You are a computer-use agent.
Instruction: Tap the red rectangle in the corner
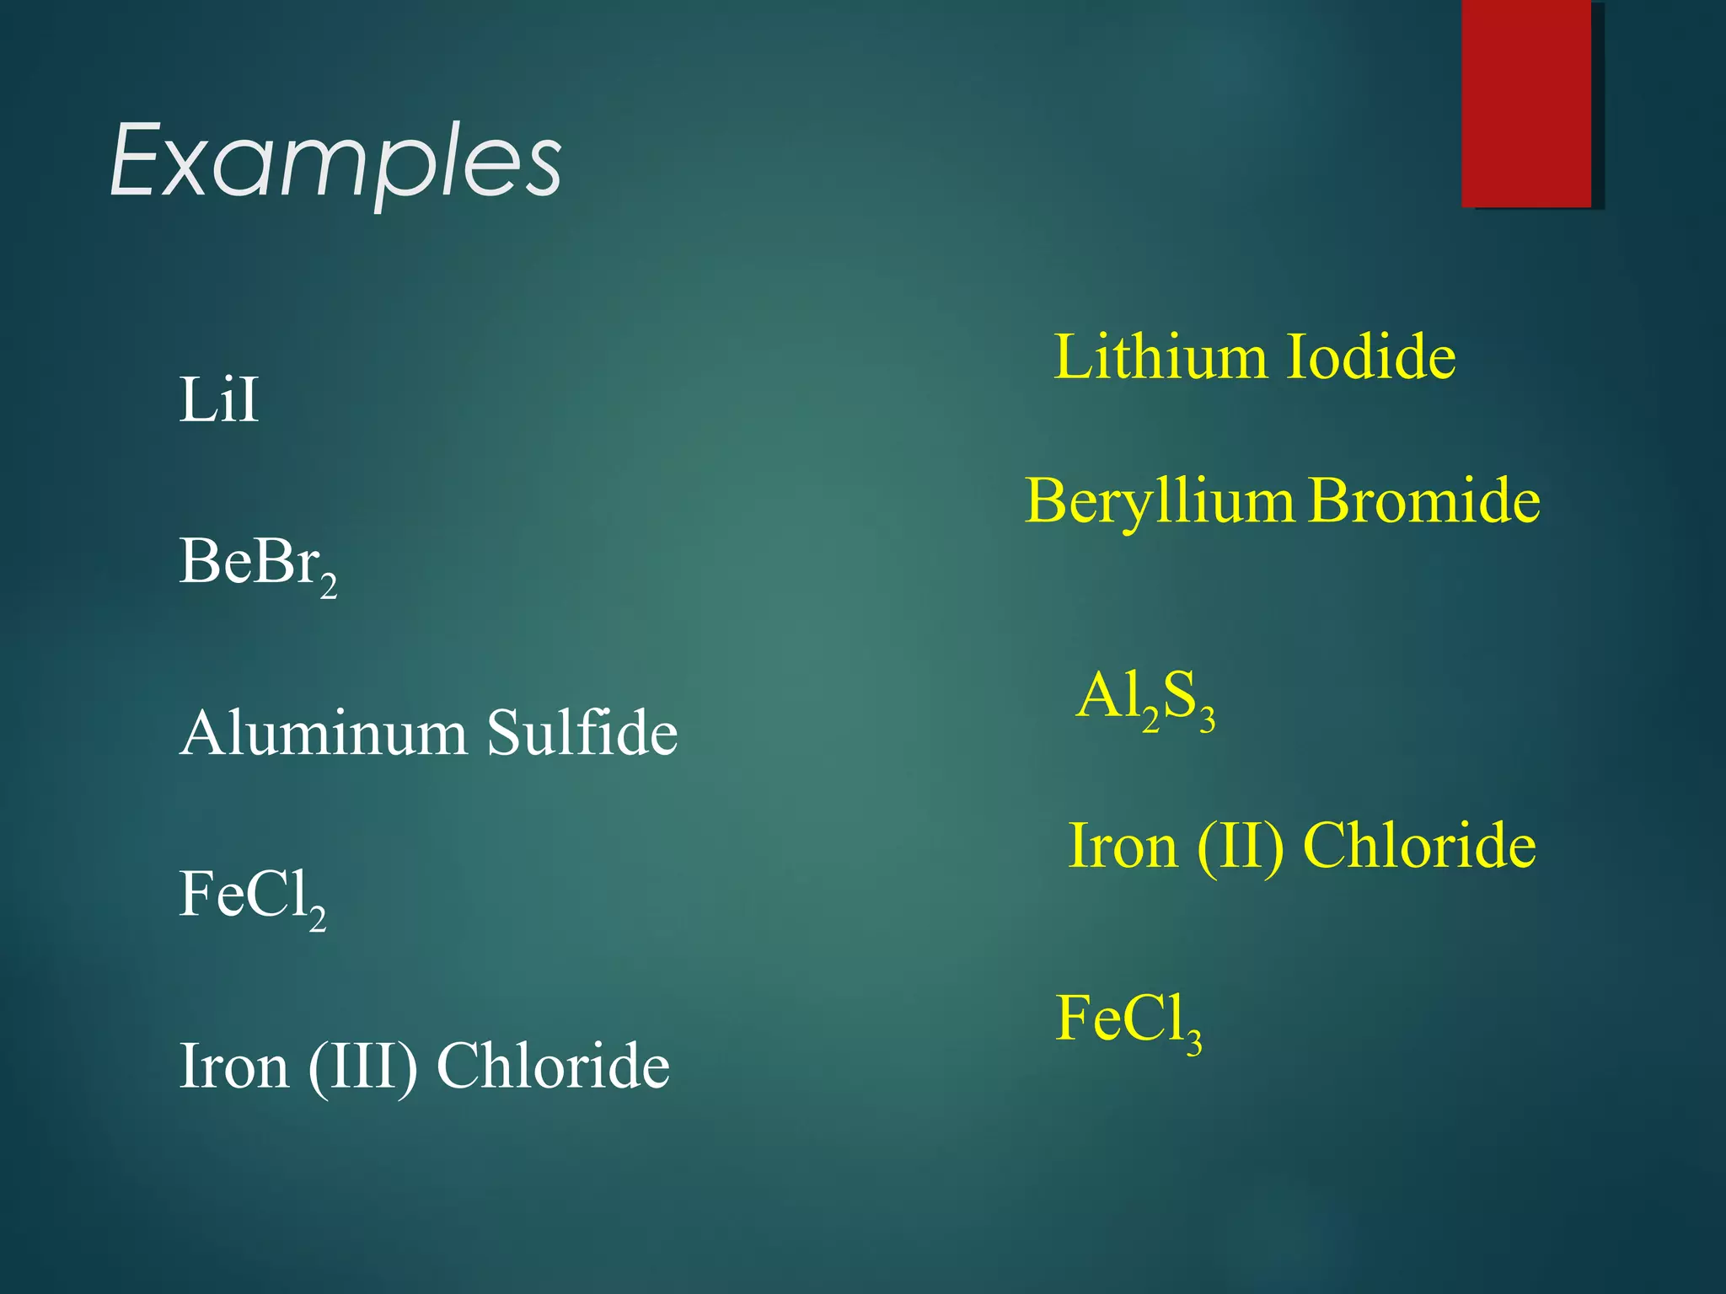click(1526, 103)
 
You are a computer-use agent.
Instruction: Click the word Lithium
click(1160, 356)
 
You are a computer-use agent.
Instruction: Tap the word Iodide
click(1371, 356)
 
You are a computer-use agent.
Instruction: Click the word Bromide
click(1425, 500)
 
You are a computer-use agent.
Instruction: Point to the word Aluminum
click(323, 733)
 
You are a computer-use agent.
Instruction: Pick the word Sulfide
click(582, 733)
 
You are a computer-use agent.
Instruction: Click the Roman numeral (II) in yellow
click(1240, 847)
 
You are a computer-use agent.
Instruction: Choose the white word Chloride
click(553, 1066)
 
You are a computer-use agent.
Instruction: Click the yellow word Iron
click(1123, 847)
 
